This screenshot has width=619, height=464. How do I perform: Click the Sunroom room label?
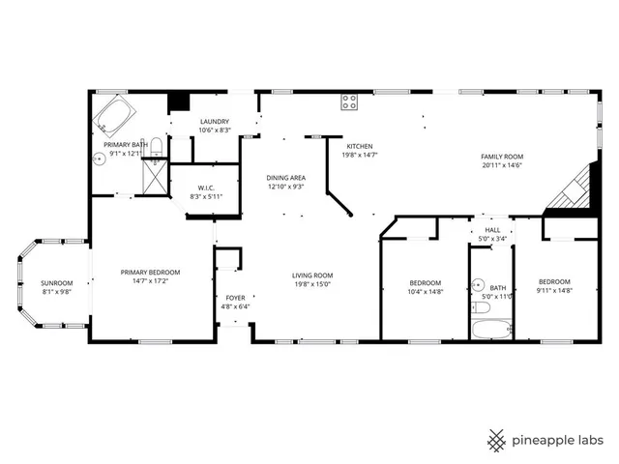[56, 283]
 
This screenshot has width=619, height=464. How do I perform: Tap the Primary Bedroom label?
[150, 273]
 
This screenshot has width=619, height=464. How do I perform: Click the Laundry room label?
[214, 122]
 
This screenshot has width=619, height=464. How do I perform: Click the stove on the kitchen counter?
[349, 100]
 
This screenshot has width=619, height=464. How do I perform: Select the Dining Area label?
[286, 179]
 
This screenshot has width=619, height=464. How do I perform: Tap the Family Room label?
[502, 157]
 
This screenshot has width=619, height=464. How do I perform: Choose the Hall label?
[492, 230]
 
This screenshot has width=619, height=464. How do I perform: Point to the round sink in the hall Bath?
[479, 285]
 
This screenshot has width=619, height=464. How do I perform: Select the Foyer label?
[236, 298]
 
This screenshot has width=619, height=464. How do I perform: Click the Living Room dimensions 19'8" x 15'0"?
[312, 284]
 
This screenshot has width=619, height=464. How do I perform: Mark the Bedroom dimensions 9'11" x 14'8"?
[555, 290]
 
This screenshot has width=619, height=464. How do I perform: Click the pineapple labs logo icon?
[495, 440]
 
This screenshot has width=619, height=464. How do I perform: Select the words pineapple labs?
[560, 440]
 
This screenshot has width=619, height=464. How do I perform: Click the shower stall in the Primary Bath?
[153, 179]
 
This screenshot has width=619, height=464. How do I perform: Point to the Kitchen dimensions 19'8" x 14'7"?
[360, 155]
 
